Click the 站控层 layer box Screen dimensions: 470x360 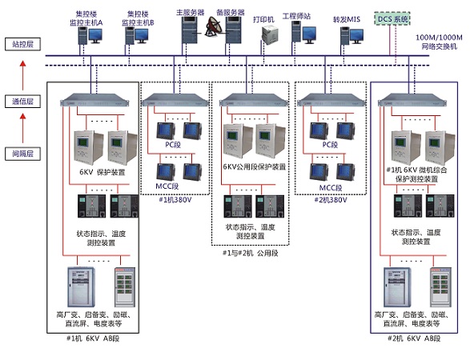coord(22,44)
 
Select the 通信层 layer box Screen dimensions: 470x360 coord(22,102)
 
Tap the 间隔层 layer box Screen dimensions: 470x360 coord(22,154)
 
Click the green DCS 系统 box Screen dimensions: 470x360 coord(392,19)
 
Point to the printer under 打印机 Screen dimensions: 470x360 coord(271,34)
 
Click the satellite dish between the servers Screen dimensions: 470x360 coord(213,27)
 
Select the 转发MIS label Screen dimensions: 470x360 coord(347,19)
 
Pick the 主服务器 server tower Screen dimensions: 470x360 coord(190,30)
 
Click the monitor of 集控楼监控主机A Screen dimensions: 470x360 coord(95,35)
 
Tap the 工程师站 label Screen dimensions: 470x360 coord(296,16)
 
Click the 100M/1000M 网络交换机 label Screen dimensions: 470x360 coord(439,42)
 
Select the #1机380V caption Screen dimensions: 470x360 coord(175,200)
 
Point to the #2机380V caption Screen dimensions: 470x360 coord(331,200)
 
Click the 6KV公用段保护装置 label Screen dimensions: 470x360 coord(254,167)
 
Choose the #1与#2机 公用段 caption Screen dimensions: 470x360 coord(251,253)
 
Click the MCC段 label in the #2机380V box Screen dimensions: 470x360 coord(331,188)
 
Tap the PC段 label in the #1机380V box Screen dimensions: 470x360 coord(173,145)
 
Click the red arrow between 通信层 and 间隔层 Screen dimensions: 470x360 coord(22,128)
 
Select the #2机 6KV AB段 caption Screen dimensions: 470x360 coord(414,338)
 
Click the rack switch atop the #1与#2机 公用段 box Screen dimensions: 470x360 coord(254,100)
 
